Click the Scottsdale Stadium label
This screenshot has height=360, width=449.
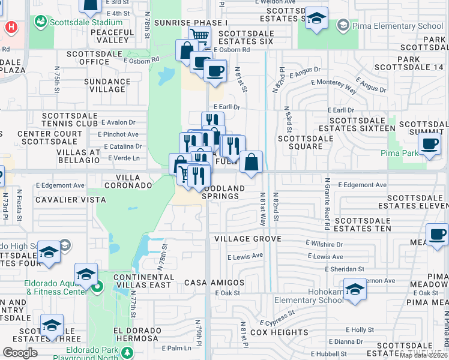pos(85,23)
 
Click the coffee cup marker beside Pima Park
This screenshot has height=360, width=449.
pos(430,145)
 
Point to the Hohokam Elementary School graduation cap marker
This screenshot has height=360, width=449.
pos(355,289)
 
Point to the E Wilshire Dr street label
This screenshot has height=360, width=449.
pos(324,245)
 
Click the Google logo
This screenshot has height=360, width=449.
pos(20,352)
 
